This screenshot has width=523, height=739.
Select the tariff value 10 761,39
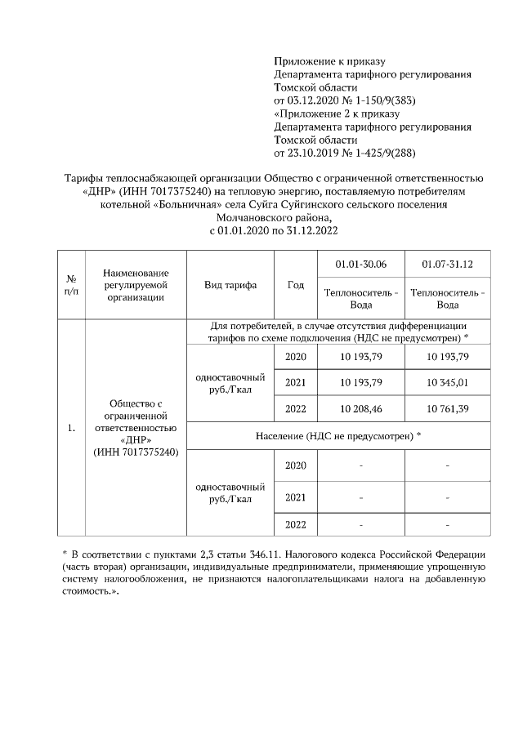pos(447,408)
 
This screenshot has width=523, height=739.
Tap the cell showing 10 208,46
pos(361,408)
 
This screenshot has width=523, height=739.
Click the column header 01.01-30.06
pos(361,264)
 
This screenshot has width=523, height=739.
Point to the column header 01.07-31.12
pos(447,264)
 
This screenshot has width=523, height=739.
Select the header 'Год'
pos(296,285)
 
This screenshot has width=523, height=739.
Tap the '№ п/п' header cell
pos(72,285)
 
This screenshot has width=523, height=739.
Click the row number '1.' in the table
pos(72,427)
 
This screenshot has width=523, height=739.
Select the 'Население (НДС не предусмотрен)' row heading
pos(338,436)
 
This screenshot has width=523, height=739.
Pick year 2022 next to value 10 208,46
pos(296,408)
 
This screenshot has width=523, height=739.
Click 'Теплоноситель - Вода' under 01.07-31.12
pos(447,298)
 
